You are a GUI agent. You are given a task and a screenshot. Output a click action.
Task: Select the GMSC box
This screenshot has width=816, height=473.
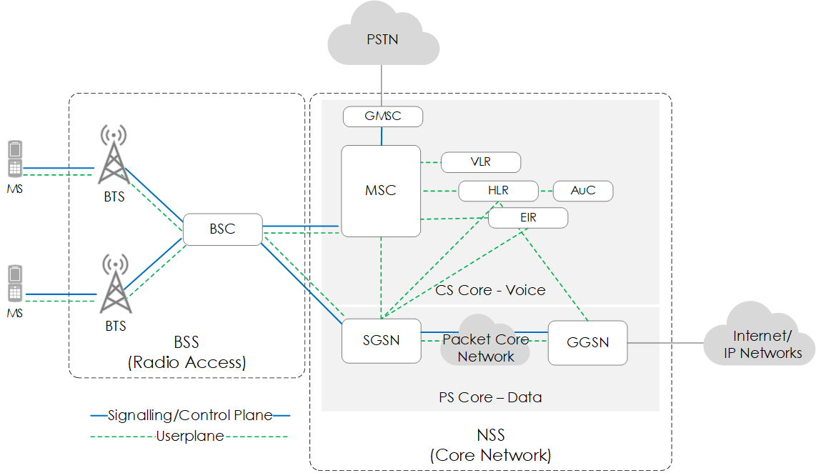[383, 116]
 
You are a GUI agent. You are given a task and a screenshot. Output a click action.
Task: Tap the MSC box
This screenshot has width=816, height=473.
[380, 191]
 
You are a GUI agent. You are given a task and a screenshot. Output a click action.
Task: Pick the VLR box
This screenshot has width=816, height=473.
[480, 162]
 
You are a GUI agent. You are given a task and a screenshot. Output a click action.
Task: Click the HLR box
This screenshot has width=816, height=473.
[498, 191]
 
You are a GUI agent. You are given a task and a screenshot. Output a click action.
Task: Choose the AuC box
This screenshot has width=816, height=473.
[583, 191]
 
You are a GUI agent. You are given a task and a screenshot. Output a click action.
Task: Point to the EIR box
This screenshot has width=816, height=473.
[528, 218]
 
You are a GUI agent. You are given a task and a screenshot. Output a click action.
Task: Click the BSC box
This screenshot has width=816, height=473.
[222, 229]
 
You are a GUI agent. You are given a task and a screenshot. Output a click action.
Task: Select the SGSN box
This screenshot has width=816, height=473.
[380, 341]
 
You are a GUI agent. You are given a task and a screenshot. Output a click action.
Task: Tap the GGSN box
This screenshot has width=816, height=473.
[587, 343]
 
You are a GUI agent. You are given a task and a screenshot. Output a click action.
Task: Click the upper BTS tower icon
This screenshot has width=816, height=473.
[113, 156]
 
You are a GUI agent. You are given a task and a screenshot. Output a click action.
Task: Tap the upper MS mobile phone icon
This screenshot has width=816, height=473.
[14, 159]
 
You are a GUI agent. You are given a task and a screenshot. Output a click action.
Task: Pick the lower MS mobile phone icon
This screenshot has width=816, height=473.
[14, 284]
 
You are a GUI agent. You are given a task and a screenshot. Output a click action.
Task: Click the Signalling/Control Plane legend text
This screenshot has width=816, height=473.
[190, 415]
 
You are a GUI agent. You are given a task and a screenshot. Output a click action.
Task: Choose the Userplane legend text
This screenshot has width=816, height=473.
[190, 436]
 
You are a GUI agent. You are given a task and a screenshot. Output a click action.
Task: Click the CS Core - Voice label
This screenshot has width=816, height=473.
[490, 290]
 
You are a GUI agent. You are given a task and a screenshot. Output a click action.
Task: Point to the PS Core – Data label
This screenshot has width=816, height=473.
[490, 397]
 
